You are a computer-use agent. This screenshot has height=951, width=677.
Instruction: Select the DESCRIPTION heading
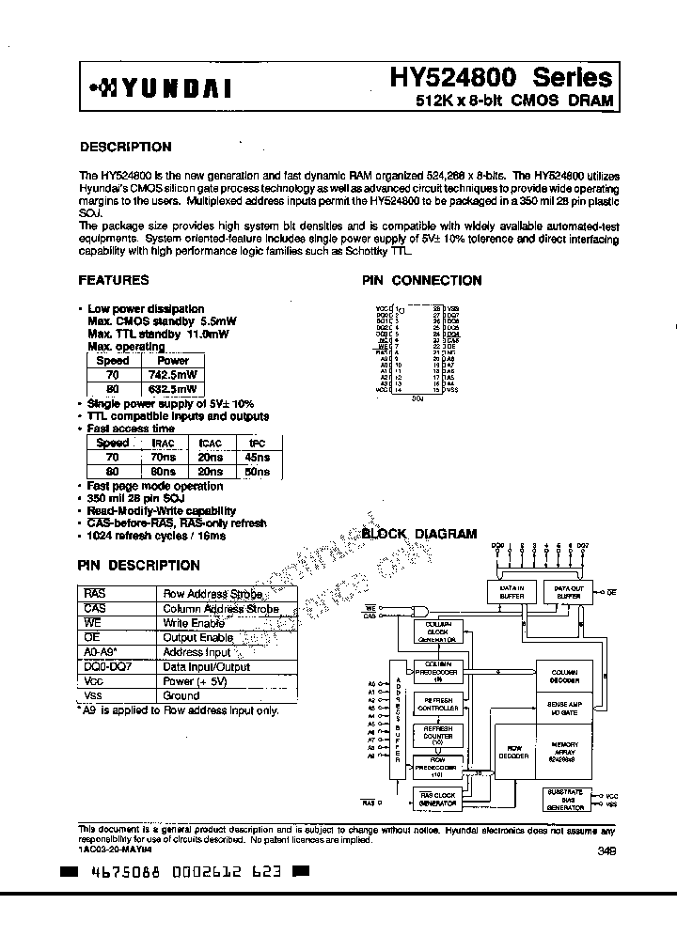coord(125,147)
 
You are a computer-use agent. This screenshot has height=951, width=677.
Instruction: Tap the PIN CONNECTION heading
coord(421,280)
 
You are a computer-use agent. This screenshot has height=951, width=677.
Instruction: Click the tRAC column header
coord(163,443)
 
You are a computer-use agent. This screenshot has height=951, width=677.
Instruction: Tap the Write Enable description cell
coord(194,623)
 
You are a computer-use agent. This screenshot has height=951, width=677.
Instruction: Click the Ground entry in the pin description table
coord(181,695)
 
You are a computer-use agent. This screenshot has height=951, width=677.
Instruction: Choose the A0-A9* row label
coord(101,652)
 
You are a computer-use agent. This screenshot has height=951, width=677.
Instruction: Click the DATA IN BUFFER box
coord(511,591)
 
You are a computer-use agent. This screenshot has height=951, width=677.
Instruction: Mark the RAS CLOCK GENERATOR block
coord(437,799)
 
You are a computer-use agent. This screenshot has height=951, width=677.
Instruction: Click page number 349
coord(607,851)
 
